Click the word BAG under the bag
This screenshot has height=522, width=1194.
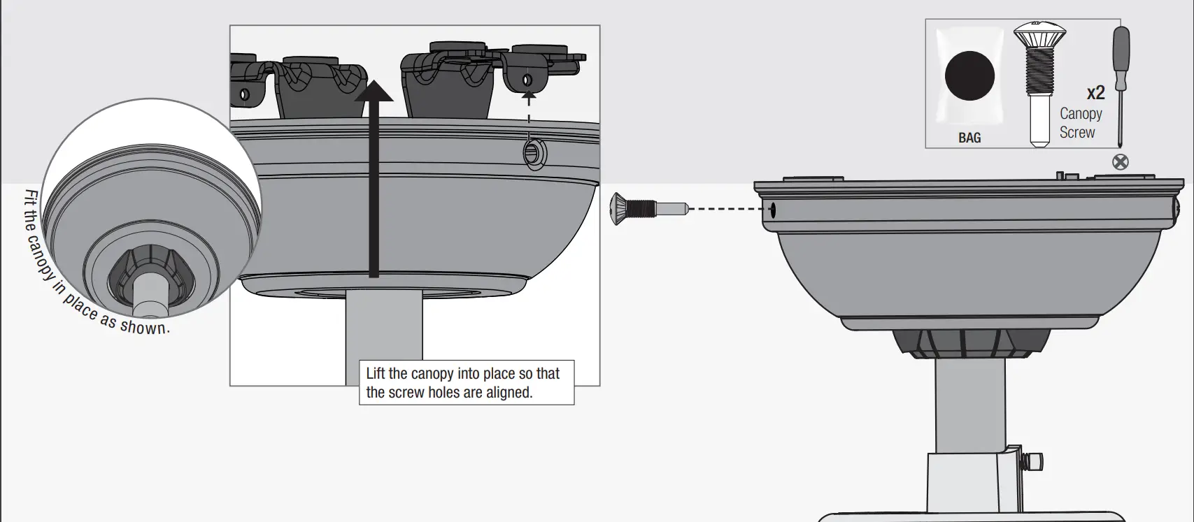969,138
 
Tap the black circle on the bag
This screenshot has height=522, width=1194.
969,76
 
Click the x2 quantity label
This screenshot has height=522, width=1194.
1095,93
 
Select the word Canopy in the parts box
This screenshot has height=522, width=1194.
1081,113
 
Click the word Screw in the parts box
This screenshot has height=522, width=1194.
1077,132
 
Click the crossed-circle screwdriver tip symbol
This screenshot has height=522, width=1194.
1121,162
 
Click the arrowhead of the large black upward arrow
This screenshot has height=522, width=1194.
374,92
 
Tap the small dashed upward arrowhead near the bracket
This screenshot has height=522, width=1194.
530,96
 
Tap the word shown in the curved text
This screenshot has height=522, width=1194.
145,326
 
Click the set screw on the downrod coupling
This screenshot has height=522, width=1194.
1031,461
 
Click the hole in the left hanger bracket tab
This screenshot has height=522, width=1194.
244,93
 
